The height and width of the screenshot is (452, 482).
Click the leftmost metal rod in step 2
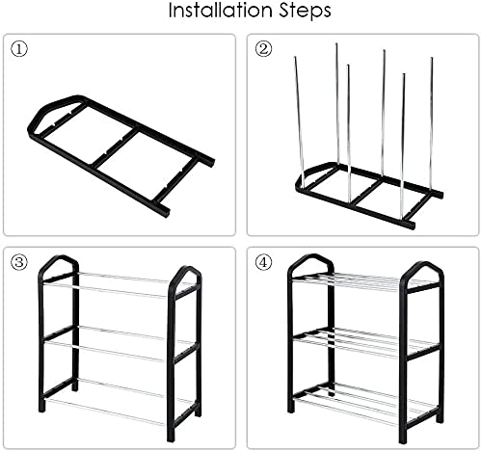click(298, 116)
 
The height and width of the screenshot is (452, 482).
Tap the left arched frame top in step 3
click(59, 264)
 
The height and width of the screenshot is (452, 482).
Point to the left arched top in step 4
click(310, 261)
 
